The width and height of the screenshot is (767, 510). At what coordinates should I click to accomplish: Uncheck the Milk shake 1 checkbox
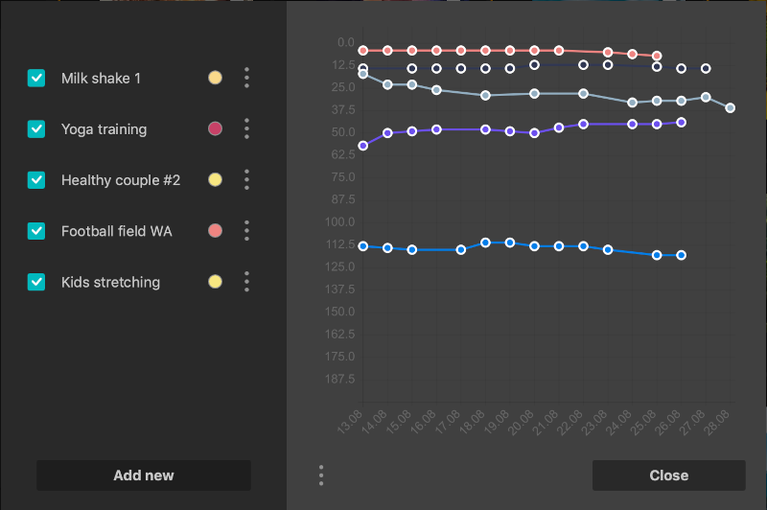point(36,78)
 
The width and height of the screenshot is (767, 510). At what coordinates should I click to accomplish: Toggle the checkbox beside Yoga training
point(36,128)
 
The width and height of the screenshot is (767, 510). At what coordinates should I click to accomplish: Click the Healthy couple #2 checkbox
point(36,179)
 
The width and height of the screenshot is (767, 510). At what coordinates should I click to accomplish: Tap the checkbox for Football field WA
point(36,231)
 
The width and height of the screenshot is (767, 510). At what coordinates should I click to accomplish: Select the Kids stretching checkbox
point(36,282)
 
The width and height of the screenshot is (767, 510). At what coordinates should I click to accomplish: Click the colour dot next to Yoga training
point(215,128)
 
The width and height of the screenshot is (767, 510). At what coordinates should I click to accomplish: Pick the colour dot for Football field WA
point(215,231)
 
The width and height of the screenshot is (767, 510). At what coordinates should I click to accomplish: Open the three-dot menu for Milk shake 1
point(246,78)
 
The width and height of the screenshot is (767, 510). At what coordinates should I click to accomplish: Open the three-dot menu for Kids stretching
point(246,282)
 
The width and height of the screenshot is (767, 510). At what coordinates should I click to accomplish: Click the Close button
point(668,475)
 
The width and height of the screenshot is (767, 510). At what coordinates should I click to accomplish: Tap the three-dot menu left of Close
point(321,475)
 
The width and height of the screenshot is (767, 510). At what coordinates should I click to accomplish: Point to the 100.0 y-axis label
point(339,222)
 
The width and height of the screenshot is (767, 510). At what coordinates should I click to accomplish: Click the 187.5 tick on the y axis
point(339,380)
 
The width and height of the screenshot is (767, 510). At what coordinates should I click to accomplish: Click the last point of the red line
point(657,57)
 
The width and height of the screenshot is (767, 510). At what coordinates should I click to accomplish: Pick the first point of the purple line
point(362,146)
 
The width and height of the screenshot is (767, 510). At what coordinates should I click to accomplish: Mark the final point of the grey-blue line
point(731,108)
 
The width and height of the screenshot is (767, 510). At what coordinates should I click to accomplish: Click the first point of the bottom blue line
point(362,246)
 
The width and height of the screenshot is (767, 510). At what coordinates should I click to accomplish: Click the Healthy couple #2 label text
point(121,180)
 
